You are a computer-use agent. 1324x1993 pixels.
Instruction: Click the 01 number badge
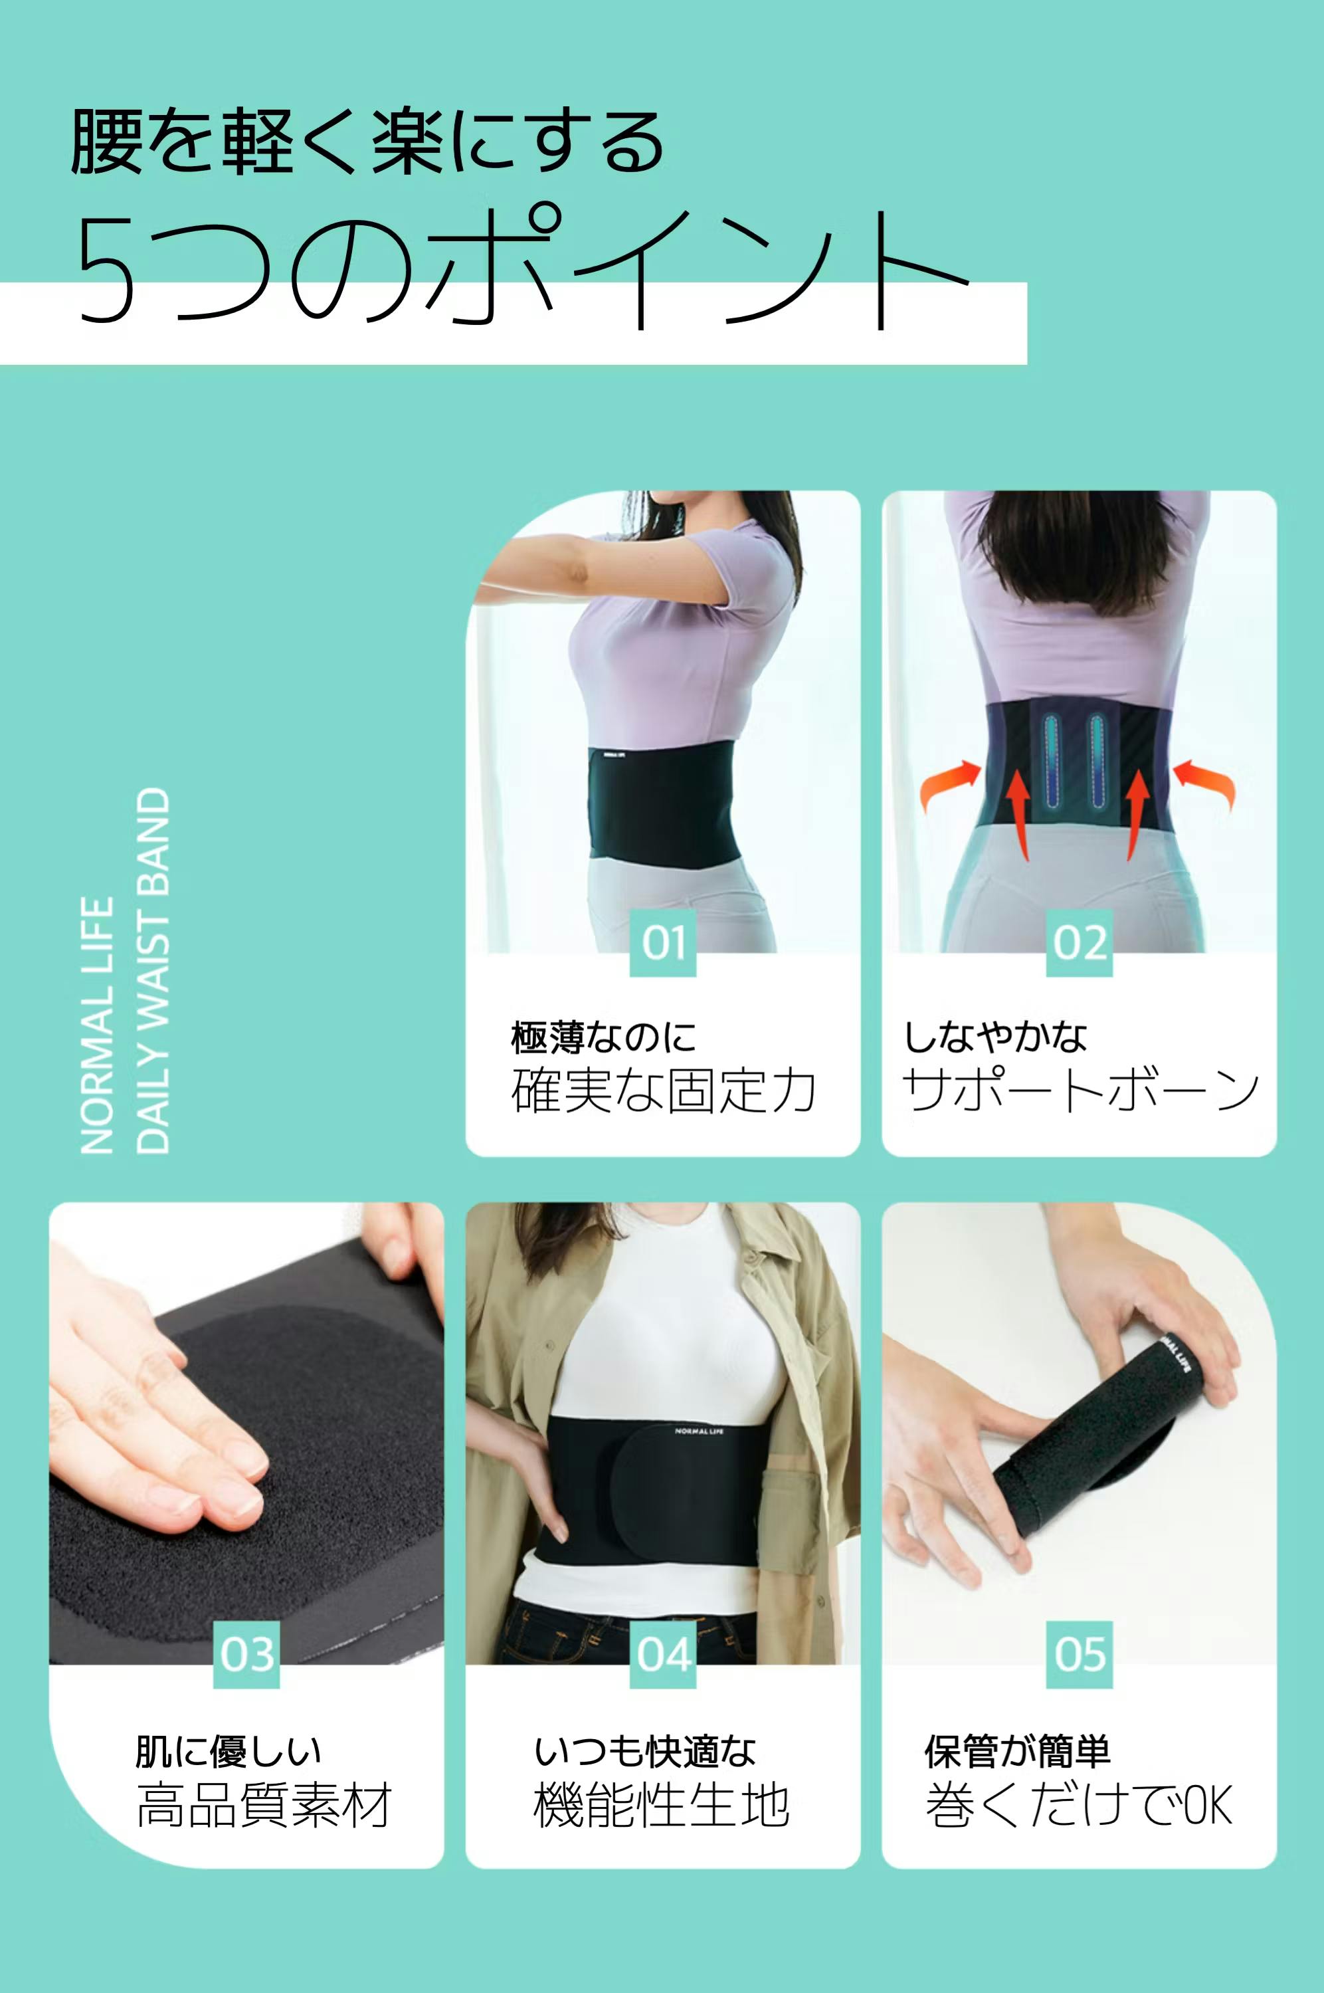pyautogui.click(x=663, y=942)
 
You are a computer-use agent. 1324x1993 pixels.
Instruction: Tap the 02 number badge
pyautogui.click(x=1079, y=942)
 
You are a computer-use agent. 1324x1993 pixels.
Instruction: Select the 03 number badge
pyautogui.click(x=246, y=1654)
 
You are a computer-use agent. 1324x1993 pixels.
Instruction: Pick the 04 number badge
pyautogui.click(x=663, y=1654)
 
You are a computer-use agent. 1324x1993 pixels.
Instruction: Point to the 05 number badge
pyautogui.click(x=1079, y=1654)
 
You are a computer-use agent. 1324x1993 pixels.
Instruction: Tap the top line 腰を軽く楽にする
pyautogui.click(x=367, y=142)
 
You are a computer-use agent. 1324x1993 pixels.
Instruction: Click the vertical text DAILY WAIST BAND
pyautogui.click(x=153, y=970)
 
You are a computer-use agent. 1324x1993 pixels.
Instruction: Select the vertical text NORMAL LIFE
pyautogui.click(x=97, y=1025)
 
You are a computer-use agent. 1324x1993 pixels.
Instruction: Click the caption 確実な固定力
pyautogui.click(x=664, y=1091)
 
